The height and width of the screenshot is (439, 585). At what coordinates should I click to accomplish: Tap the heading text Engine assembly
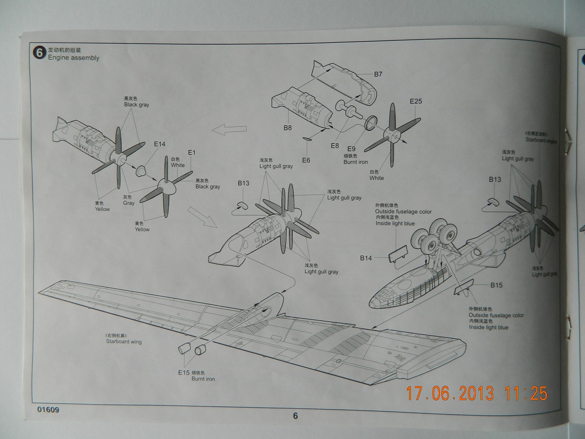click(74, 58)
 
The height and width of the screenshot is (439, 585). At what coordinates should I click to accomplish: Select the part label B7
click(378, 74)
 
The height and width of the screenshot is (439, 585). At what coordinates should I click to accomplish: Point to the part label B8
click(288, 128)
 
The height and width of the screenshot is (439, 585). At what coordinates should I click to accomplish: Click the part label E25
click(416, 101)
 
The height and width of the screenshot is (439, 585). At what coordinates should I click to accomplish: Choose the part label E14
click(160, 144)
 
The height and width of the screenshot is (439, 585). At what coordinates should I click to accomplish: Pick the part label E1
click(192, 152)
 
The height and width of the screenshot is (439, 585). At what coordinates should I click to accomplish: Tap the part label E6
click(306, 160)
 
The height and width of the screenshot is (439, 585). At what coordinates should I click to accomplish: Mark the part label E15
click(184, 373)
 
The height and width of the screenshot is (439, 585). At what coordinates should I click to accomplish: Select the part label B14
click(366, 258)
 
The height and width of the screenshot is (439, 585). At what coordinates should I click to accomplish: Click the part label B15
click(496, 285)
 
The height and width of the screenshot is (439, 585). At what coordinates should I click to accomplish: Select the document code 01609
click(48, 409)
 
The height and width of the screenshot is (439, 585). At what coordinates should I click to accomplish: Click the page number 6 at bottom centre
click(295, 416)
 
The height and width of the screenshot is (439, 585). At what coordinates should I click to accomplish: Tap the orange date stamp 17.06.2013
click(450, 394)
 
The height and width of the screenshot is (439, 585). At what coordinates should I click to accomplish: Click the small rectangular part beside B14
click(398, 253)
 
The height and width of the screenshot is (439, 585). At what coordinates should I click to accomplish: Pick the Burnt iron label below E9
click(356, 162)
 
